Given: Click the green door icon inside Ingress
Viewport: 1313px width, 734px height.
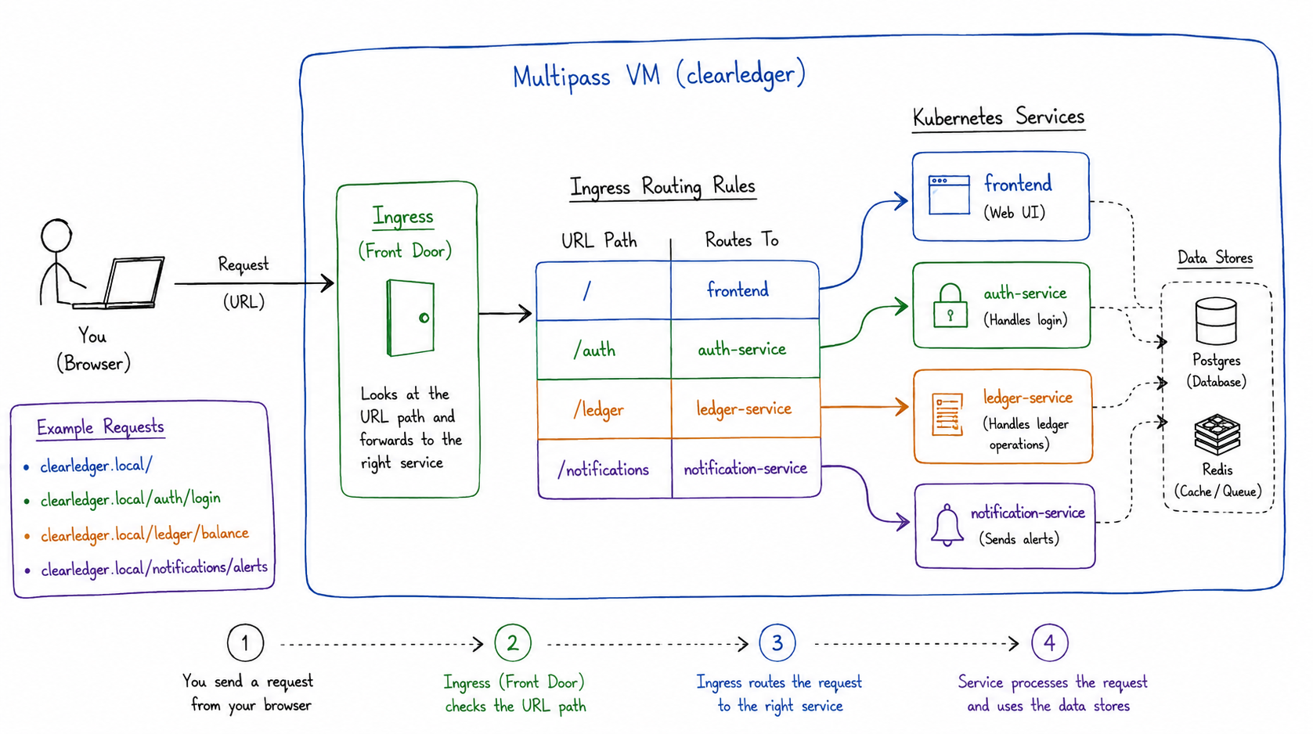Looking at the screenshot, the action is point(410,318).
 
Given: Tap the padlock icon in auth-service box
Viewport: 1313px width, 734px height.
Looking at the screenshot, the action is point(950,306).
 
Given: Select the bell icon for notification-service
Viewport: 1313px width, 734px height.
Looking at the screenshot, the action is point(947,525).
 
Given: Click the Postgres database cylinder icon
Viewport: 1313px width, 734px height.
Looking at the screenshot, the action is point(1216,321).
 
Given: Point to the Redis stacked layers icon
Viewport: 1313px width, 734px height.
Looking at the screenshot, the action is point(1217,434).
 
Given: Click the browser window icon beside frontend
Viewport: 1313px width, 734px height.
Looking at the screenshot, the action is point(949,195).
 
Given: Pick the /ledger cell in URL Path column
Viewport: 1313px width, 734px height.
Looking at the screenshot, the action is point(604,409).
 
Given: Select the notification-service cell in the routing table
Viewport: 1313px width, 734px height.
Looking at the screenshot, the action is point(745,468).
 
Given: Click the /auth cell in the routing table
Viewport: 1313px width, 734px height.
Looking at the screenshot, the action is point(604,350).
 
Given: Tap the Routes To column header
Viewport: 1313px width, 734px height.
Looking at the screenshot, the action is point(741,239).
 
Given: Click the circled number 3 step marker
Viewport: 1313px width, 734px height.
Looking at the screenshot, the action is point(777,642).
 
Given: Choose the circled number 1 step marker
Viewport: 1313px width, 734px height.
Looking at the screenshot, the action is point(246,642).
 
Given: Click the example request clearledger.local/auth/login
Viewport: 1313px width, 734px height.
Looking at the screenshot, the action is point(130,499).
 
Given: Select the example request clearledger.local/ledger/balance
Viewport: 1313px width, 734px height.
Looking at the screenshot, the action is point(145,534).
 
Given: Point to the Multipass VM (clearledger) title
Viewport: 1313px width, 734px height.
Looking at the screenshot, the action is point(659,76).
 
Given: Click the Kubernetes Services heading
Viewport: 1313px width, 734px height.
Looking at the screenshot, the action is point(998,117).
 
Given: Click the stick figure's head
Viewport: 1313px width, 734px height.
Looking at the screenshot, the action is point(56,236).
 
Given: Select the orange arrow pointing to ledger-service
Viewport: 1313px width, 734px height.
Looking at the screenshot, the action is point(864,407).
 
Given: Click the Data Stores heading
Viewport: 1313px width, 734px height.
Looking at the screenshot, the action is point(1215,257).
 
